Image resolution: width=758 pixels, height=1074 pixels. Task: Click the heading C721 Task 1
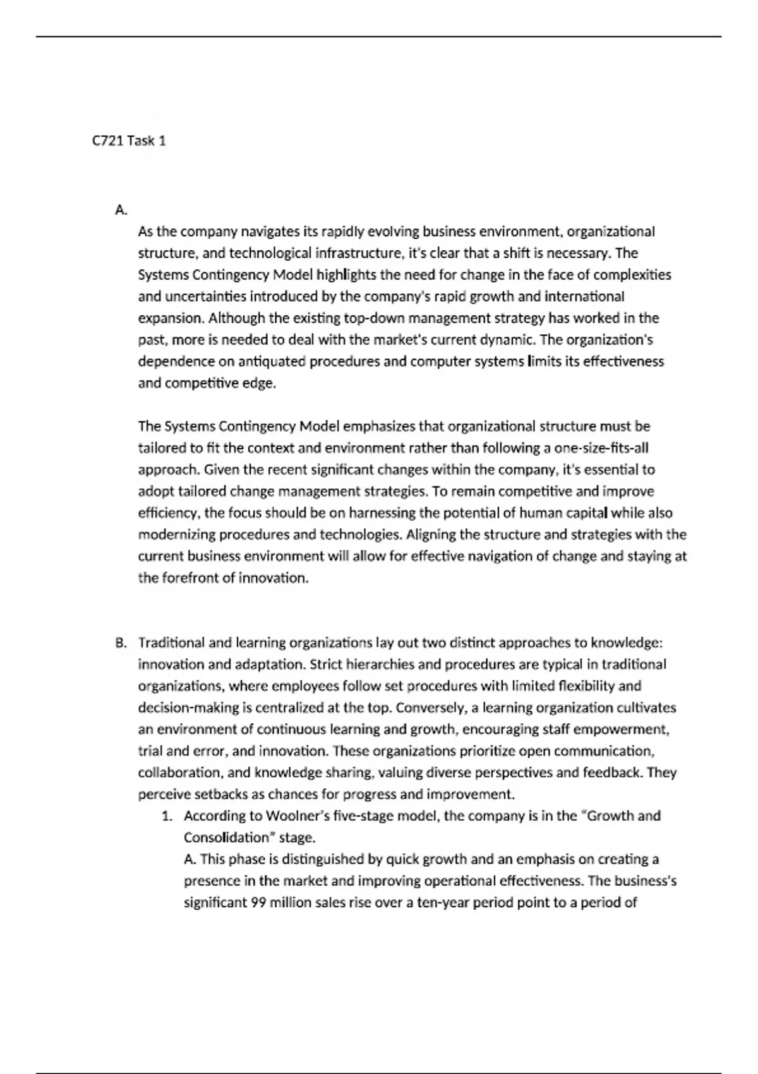pos(129,141)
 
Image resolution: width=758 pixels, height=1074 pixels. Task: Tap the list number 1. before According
pos(167,816)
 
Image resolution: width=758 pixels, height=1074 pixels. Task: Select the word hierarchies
pos(380,665)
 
